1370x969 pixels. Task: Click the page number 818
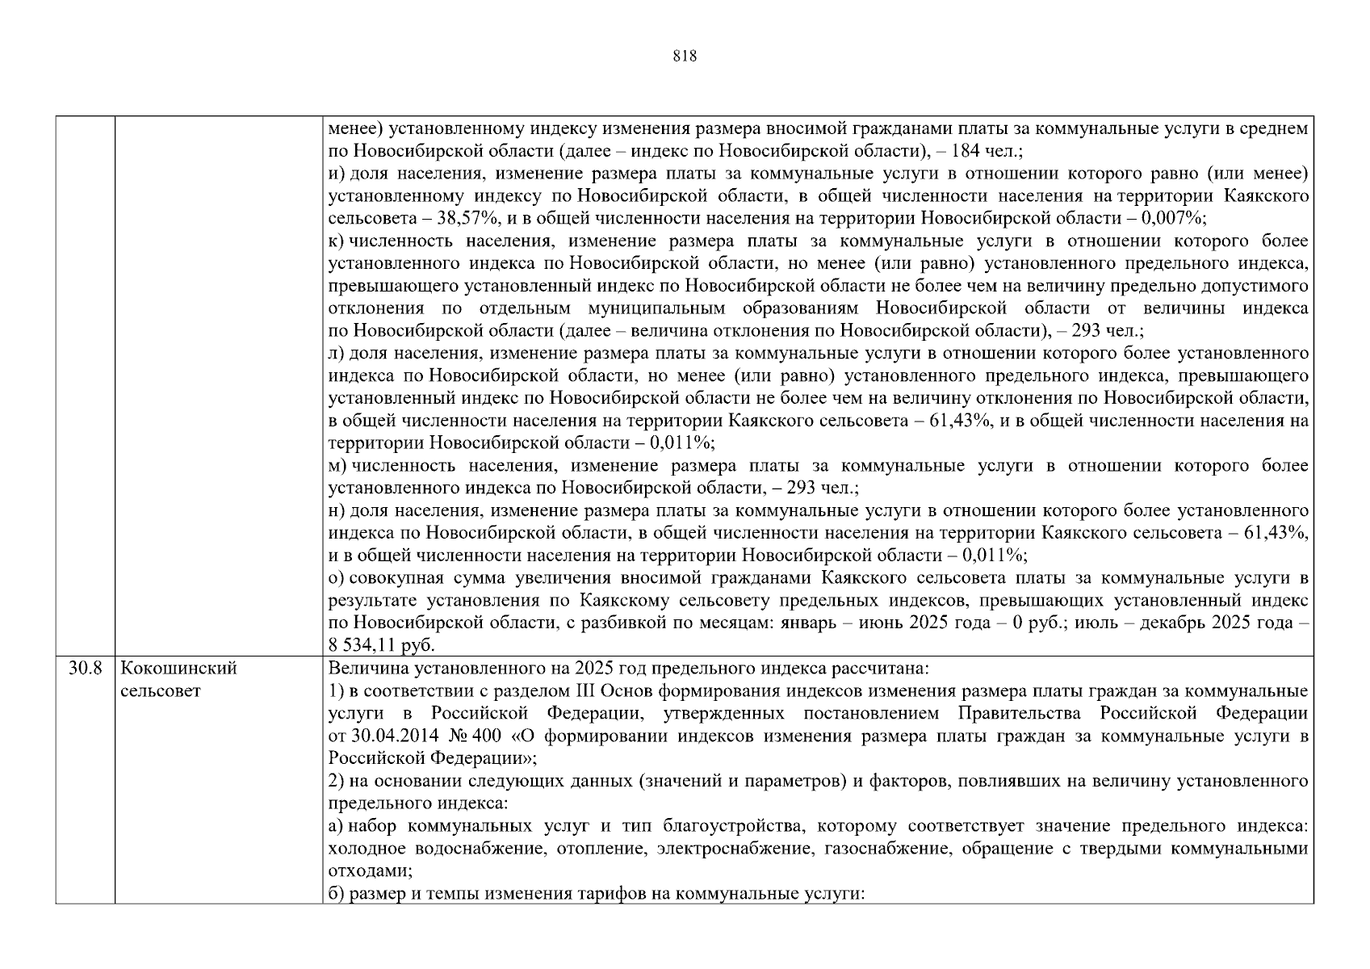click(684, 57)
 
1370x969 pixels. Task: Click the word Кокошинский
click(178, 669)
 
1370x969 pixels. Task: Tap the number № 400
click(463, 736)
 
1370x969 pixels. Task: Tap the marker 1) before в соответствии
click(337, 691)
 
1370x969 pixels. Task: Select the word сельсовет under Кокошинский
click(160, 691)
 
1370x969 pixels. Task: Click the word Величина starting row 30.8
click(360, 669)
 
